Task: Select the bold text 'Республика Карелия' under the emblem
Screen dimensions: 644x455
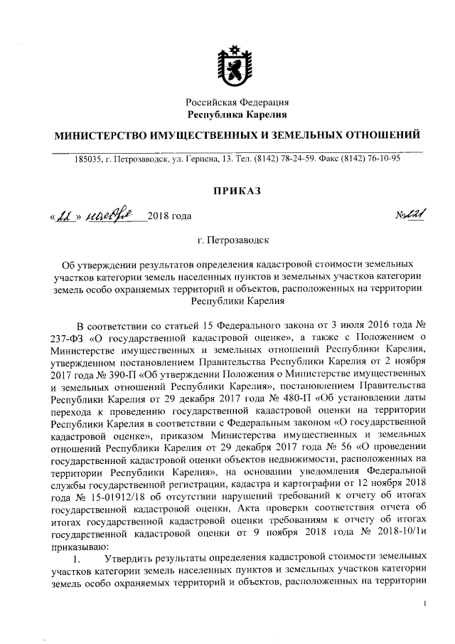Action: (x=237, y=114)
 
